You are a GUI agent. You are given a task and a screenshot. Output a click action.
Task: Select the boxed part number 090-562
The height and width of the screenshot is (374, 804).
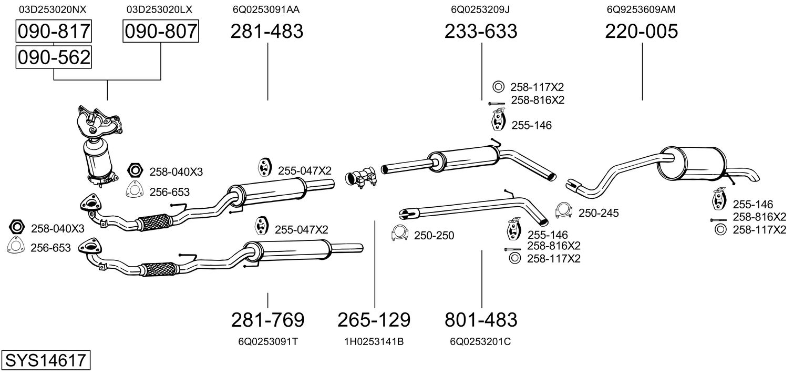click(54, 57)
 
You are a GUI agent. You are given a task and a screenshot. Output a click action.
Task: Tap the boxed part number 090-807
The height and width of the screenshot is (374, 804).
click(160, 32)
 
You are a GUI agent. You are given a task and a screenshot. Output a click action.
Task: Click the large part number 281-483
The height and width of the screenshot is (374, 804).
click(267, 32)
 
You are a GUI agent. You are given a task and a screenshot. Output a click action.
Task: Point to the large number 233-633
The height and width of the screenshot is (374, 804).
click(481, 32)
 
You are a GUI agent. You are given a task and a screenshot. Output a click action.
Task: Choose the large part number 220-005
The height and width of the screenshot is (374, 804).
click(642, 32)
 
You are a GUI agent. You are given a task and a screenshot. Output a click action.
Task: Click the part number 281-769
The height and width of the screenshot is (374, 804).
click(267, 319)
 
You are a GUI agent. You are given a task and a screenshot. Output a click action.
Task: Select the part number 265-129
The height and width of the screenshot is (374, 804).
click(374, 319)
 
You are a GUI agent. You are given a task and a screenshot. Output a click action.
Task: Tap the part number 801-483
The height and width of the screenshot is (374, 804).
click(481, 319)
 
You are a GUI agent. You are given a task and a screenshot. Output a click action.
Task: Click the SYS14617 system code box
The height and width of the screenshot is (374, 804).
click(45, 360)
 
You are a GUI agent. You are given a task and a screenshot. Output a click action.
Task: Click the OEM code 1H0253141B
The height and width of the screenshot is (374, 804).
click(374, 341)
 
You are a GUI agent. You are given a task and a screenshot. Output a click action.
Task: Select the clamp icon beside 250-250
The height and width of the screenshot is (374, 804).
click(400, 234)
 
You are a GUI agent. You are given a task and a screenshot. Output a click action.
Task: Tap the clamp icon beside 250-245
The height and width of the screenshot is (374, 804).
click(564, 211)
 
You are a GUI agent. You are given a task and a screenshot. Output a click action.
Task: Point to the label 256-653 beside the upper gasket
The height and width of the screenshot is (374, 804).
click(169, 192)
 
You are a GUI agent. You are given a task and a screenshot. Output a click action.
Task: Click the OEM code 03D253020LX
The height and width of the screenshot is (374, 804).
click(160, 9)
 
